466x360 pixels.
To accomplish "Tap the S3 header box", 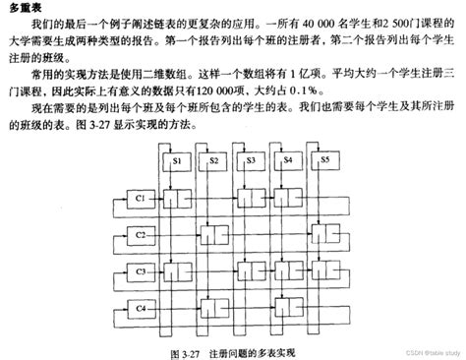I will tap(252, 159).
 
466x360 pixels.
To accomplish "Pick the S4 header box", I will tap(289, 159).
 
